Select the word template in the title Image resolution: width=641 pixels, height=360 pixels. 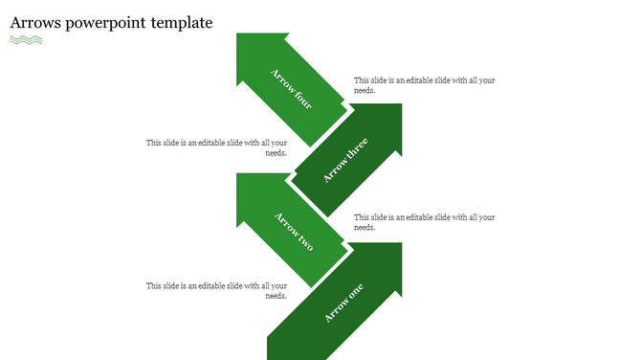182,23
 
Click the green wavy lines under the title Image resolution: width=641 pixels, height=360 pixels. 26,40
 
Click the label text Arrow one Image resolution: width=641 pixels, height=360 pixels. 343,304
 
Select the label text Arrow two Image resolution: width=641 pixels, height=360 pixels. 294,231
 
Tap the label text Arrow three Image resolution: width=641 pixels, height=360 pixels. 344,161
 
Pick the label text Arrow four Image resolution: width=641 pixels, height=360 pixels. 291,89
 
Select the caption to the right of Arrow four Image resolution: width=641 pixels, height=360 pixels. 424,85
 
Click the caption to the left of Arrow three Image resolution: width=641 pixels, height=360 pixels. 216,147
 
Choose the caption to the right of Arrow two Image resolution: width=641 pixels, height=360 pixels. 424,222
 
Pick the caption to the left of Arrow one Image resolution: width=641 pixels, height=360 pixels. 216,290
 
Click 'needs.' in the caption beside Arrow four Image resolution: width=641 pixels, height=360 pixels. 365,91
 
